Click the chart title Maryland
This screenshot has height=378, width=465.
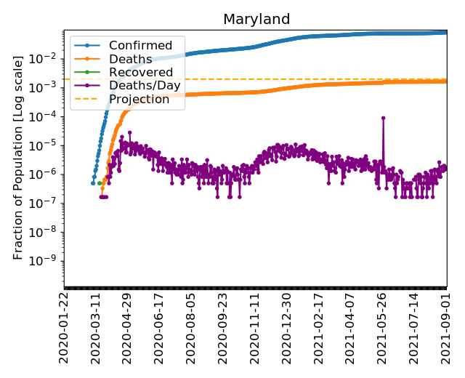click(x=256, y=20)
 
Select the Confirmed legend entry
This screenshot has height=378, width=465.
click(x=140, y=46)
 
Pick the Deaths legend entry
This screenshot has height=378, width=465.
click(x=130, y=60)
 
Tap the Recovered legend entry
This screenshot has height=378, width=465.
click(x=141, y=73)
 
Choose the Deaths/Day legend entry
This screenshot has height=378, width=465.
click(x=145, y=86)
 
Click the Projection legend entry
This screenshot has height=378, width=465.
click(x=139, y=99)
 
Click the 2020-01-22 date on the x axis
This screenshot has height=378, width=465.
click(x=64, y=327)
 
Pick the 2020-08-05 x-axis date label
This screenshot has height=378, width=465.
click(x=191, y=327)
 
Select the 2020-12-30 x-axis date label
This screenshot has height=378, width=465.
click(x=286, y=327)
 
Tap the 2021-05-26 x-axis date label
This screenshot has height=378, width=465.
click(x=382, y=327)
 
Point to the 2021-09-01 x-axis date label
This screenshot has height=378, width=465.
click(x=446, y=327)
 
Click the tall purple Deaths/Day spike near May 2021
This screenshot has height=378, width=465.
click(x=383, y=118)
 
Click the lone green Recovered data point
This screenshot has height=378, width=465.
click(x=100, y=183)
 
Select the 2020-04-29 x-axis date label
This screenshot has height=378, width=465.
click(x=127, y=327)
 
